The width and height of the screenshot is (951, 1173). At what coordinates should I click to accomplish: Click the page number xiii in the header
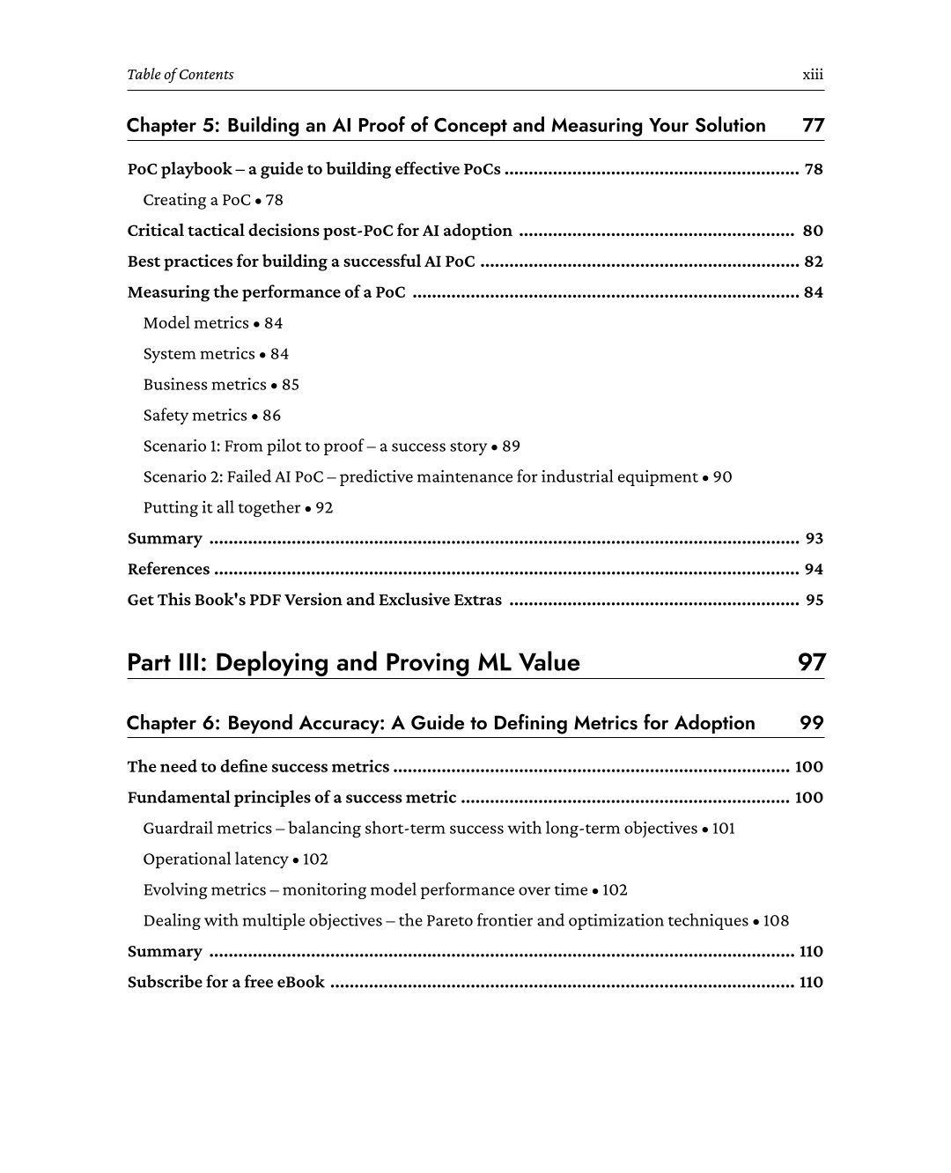813,75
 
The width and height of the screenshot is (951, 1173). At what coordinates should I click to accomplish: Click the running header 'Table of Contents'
181,75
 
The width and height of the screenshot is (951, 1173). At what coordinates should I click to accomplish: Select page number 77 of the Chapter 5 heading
813,125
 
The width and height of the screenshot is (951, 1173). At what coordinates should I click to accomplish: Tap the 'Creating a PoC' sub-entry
197,200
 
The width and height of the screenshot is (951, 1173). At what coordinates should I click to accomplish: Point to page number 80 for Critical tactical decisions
813,231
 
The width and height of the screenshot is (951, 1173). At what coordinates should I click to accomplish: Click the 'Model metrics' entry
196,323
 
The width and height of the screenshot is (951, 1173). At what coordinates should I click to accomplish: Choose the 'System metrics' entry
199,354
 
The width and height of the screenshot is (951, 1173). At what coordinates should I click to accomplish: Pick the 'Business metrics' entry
204,385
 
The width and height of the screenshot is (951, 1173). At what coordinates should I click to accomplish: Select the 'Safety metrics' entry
195,416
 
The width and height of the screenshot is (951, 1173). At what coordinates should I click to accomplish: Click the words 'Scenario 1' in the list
181,446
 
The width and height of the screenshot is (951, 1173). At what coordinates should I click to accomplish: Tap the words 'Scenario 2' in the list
182,477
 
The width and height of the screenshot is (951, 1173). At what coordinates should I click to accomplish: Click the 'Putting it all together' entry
222,508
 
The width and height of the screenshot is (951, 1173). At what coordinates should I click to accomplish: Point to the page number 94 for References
814,570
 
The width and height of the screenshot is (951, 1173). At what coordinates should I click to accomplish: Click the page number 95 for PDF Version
814,601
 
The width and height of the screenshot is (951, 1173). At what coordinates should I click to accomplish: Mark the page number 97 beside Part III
811,662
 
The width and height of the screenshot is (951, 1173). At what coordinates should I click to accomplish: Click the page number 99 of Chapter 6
811,723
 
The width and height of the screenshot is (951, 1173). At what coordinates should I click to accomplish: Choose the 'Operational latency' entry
216,859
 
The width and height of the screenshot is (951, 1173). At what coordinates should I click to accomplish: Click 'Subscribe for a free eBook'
226,982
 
